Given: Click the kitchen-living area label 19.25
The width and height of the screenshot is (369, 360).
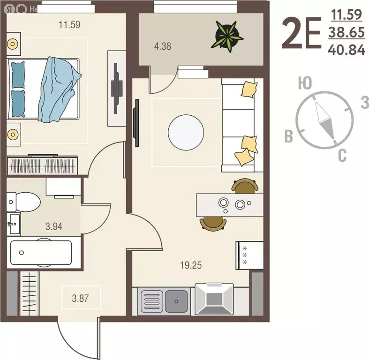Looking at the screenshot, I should click(x=191, y=265).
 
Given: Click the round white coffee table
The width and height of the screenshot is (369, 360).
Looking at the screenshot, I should click(x=186, y=132).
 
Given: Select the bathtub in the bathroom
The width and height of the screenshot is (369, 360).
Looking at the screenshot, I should click(x=40, y=253).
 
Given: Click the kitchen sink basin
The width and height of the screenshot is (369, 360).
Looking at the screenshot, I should click(x=176, y=299).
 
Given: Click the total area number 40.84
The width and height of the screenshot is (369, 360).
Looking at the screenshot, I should click(x=347, y=50).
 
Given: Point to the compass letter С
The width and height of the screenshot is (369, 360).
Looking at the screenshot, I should click(x=342, y=155).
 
